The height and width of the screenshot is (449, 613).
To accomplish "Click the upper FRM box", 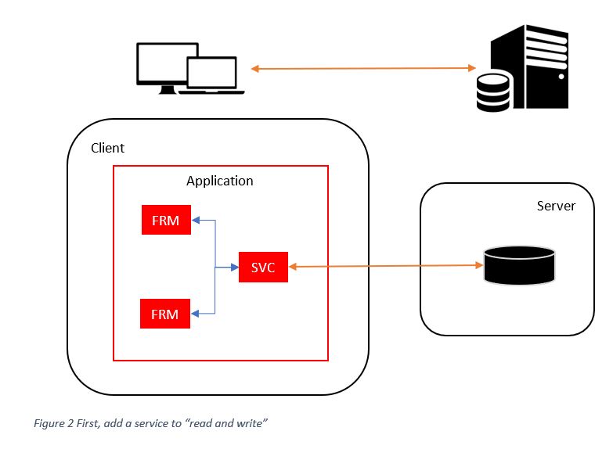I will tap(165, 221).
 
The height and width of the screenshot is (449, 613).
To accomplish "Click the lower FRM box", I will tap(165, 314).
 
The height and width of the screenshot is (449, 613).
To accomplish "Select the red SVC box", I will tap(263, 268).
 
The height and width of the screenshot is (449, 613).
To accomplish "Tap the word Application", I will tap(219, 181).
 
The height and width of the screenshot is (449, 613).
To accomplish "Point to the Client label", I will tap(107, 148).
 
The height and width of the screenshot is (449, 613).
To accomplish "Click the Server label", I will tap(556, 206).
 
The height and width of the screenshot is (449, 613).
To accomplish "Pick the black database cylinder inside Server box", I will tap(520, 264).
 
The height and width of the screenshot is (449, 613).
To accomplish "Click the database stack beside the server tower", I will tap(494, 91).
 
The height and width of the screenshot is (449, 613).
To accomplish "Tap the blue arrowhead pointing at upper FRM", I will tap(197, 221).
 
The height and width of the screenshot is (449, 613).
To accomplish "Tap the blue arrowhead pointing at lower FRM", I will tap(197, 314).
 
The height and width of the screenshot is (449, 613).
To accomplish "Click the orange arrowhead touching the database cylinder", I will tap(479, 265).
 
